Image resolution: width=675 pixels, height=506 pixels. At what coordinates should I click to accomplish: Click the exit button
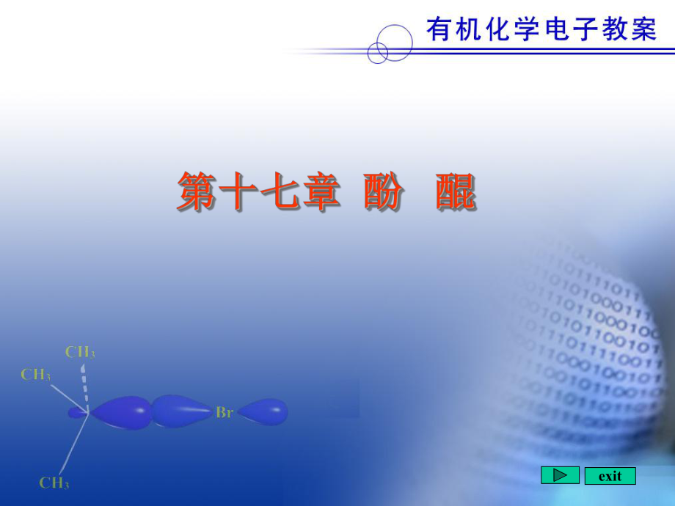[x=610, y=476]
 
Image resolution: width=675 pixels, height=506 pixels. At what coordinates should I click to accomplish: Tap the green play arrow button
[x=560, y=475]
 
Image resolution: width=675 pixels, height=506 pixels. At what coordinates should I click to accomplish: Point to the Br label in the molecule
[x=224, y=413]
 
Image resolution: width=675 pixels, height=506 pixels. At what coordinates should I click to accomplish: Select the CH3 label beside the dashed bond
[x=80, y=352]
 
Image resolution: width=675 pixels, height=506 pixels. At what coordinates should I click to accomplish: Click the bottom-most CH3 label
[x=54, y=483]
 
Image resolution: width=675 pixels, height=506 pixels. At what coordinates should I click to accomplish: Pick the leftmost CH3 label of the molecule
[x=36, y=375]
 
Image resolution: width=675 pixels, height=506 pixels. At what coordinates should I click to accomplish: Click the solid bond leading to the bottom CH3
[x=73, y=443]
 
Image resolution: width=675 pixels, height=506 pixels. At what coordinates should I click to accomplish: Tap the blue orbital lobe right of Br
[x=263, y=411]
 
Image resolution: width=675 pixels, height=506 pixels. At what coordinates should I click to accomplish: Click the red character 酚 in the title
[x=383, y=192]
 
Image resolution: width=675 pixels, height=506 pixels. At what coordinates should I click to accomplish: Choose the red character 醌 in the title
[x=455, y=192]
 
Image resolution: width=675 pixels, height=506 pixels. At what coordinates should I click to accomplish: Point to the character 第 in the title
[x=197, y=192]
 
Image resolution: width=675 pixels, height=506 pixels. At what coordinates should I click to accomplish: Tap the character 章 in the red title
[x=320, y=192]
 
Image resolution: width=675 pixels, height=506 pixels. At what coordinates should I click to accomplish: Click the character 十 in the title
[x=238, y=192]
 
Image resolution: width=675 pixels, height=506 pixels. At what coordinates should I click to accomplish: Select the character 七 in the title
[x=279, y=192]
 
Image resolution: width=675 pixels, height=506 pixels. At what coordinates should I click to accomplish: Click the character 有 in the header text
[x=439, y=29]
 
